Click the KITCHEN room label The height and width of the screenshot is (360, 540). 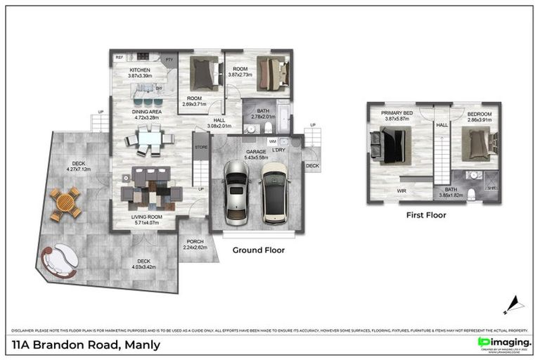[x=139, y=71]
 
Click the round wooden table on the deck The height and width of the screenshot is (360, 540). [x=65, y=203]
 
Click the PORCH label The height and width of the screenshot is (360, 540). [x=195, y=241]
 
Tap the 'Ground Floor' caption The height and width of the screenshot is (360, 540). [x=259, y=250]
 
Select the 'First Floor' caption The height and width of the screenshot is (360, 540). [x=426, y=215]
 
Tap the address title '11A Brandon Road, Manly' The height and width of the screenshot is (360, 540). [x=86, y=345]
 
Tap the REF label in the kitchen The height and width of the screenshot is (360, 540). [x=120, y=57]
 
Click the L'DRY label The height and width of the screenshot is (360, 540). [x=278, y=150]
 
